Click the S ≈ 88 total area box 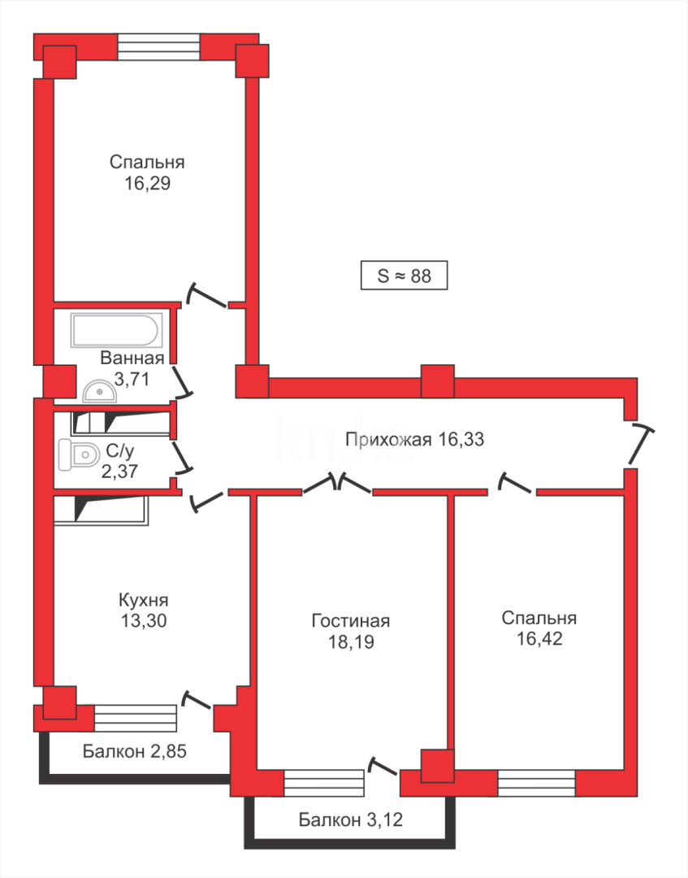tap(404, 276)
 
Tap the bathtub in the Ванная tap(115, 331)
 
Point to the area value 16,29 tap(147, 183)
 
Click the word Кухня tap(143, 601)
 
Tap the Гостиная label tap(351, 621)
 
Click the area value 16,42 tap(539, 639)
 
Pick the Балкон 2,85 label tap(135, 751)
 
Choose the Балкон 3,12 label tap(351, 820)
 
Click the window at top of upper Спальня tap(158, 46)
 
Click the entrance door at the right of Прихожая tap(639, 444)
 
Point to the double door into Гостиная tap(337, 485)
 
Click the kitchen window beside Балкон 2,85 tap(135, 718)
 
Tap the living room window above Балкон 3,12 tap(324, 784)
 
